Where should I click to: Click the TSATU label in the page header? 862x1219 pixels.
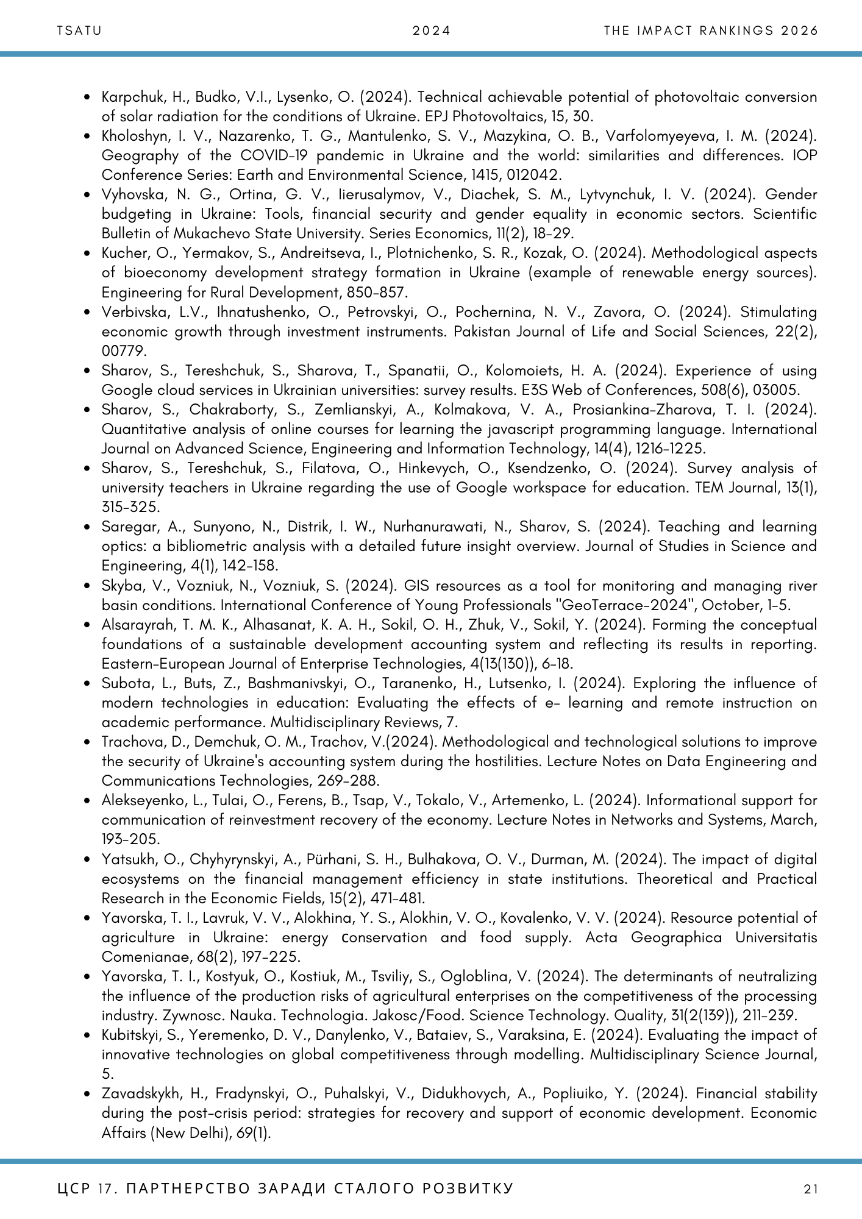[79, 30]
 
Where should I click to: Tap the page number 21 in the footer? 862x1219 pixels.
[811, 1189]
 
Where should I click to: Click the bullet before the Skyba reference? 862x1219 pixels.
[88, 586]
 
